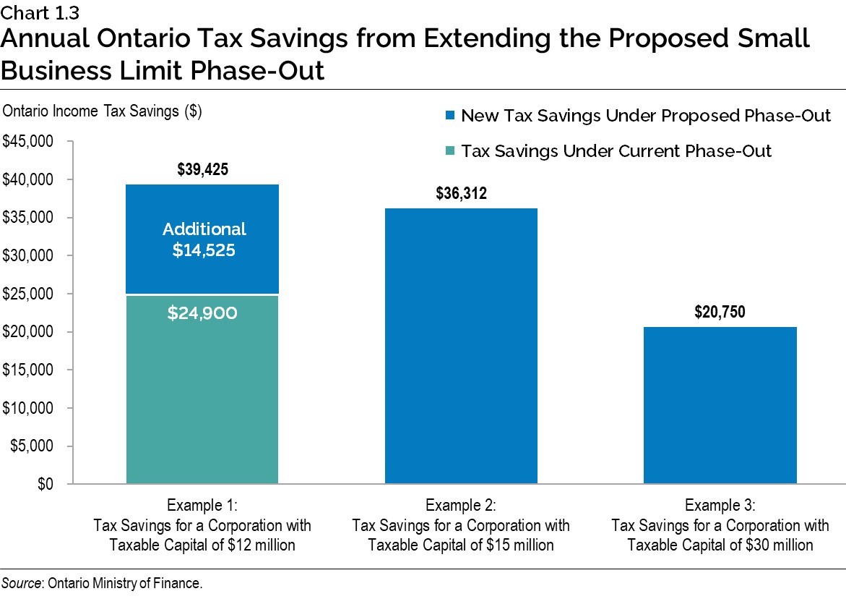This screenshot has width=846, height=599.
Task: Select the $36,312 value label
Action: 461,194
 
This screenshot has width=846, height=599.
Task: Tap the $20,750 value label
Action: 720,313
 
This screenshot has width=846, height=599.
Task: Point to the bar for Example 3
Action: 720,405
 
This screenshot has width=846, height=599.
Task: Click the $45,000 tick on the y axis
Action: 29,142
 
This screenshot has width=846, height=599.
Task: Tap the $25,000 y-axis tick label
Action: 29,294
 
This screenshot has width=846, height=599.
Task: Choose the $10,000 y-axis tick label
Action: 29,408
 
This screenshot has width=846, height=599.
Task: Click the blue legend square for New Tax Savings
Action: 450,116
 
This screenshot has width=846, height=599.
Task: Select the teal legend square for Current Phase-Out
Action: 450,151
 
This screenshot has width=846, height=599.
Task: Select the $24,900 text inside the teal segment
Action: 202,314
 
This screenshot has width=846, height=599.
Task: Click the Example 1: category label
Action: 202,505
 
